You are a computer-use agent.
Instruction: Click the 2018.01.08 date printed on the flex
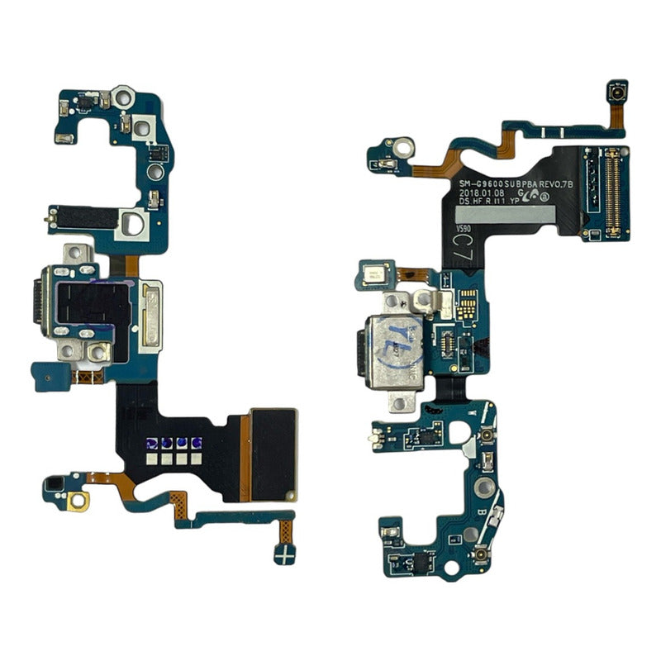482,190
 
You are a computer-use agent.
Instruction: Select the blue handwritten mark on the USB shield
398,337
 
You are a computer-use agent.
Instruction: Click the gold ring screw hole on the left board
79,500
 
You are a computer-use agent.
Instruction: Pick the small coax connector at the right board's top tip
616,93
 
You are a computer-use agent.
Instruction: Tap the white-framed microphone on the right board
374,276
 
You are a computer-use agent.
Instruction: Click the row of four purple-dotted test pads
174,444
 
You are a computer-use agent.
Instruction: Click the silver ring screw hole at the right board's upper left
403,150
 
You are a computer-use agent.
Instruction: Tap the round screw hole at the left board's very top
123,97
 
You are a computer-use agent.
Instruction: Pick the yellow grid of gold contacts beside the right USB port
466,305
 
